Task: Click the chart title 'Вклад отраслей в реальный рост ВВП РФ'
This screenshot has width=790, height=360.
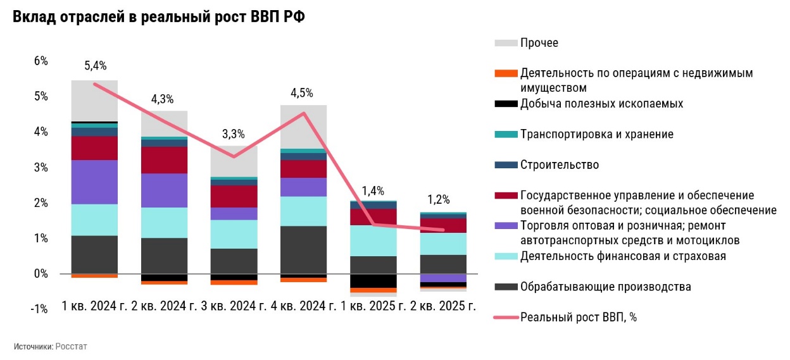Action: pos(159,17)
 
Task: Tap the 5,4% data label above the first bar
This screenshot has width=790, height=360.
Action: pos(95,65)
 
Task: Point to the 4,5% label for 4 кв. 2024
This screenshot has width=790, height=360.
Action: pos(301,93)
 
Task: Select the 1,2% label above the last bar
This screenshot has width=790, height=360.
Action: pos(438,200)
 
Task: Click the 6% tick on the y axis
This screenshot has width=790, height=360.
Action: pos(41,61)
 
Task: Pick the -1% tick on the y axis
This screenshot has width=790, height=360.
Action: pos(39,309)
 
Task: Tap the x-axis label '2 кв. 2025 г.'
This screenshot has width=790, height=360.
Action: pos(439,307)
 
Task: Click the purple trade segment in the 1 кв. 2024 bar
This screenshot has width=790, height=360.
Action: pos(94,182)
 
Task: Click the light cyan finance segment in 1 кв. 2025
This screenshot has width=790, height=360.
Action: pos(373,240)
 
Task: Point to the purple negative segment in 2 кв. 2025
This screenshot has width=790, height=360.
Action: pos(443,278)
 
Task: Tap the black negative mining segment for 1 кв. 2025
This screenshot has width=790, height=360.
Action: pos(373,281)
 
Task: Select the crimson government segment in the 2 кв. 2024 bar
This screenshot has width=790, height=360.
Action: pos(164,160)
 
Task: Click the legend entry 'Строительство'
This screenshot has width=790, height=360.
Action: pos(559,165)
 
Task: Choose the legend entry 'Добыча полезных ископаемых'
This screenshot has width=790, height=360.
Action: pos(601,104)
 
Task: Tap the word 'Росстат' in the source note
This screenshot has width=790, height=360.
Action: pos(71,347)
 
